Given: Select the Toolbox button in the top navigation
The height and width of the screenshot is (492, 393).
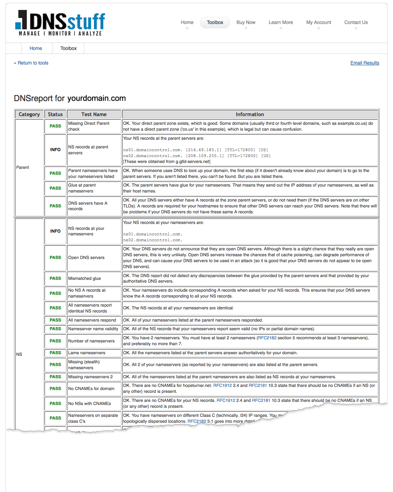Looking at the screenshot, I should pos(215,22).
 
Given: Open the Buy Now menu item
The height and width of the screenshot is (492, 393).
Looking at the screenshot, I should pos(246,22).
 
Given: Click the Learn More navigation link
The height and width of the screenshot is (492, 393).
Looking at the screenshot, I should pos(280,22).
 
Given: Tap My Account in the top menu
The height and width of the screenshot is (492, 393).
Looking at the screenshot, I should pos(319,22).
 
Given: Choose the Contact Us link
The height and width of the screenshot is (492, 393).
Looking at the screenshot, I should pos(356,22).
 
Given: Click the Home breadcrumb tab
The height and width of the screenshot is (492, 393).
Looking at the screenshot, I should pos(35,48).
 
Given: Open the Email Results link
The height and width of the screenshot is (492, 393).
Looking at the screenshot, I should pos(365,63).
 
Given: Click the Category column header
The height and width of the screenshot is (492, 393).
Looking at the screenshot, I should pos(29,115).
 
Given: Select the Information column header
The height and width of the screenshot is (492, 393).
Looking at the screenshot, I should pos(250,115).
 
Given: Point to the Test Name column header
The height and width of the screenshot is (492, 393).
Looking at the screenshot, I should pos(94,115).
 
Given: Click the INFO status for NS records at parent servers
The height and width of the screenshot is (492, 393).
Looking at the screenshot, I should pos(55,150).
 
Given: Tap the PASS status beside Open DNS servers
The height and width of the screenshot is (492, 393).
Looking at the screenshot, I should pos(55,257).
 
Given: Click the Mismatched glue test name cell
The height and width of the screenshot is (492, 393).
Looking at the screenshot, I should pos(84,278).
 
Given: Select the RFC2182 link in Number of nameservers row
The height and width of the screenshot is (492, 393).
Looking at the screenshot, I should pos(267,338).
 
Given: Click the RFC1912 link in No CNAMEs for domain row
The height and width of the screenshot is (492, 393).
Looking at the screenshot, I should pos(222,385).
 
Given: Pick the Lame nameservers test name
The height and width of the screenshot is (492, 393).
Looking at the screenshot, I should pos(87,353).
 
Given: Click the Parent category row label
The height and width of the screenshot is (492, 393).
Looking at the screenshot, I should pos(22,167).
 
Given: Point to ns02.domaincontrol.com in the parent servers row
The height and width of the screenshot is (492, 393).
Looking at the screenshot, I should pos(152,156).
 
